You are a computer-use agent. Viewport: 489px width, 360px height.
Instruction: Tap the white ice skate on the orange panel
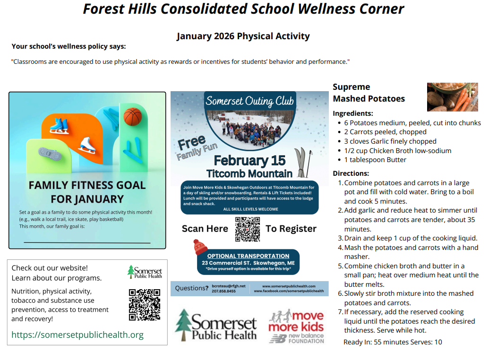click(86, 145)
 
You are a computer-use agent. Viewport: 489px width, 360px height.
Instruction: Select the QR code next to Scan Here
click(247, 229)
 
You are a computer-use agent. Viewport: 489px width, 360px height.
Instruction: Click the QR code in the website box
click(144, 305)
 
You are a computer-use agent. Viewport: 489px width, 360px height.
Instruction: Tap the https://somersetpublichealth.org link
click(77, 335)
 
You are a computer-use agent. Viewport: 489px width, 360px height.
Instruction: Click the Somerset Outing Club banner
click(249, 101)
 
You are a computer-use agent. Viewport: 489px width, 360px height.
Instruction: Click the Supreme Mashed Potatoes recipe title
click(369, 93)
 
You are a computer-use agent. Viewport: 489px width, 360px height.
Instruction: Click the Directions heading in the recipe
click(351, 173)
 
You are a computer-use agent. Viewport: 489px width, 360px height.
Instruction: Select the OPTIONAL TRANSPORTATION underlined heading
click(248, 256)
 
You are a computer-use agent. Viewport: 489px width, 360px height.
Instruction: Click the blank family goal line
click(87, 242)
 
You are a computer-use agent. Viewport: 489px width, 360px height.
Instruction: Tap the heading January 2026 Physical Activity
click(243, 36)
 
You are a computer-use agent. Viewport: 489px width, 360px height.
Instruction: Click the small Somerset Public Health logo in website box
click(145, 272)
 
